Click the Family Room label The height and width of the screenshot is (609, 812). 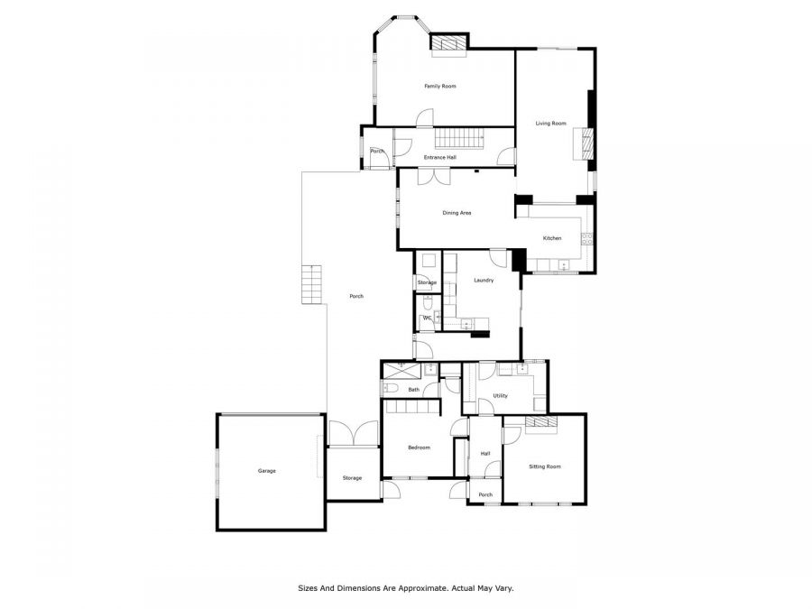pos(440,86)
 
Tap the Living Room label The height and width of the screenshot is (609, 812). pos(550,124)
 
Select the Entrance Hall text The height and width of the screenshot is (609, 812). pos(440,157)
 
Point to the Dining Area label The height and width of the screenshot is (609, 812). pos(457,213)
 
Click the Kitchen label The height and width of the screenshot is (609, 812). pos(552,238)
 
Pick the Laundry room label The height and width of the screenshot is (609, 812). pos(484,281)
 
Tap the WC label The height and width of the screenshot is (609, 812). pos(428,318)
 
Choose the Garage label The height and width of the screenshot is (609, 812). pos(267,471)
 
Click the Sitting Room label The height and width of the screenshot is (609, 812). pos(545,466)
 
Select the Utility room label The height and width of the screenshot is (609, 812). pos(500,396)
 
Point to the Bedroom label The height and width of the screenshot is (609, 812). pos(419,448)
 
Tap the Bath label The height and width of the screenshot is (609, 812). pos(414,390)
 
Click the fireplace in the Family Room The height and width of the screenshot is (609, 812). pos(449,42)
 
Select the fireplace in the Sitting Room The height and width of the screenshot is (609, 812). pos(541,424)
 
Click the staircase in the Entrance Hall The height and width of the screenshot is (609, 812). pos(459,138)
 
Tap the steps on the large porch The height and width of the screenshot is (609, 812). pos(312,284)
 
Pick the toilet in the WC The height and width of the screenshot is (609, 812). pos(429,302)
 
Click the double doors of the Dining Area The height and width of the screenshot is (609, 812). pos(434,177)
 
